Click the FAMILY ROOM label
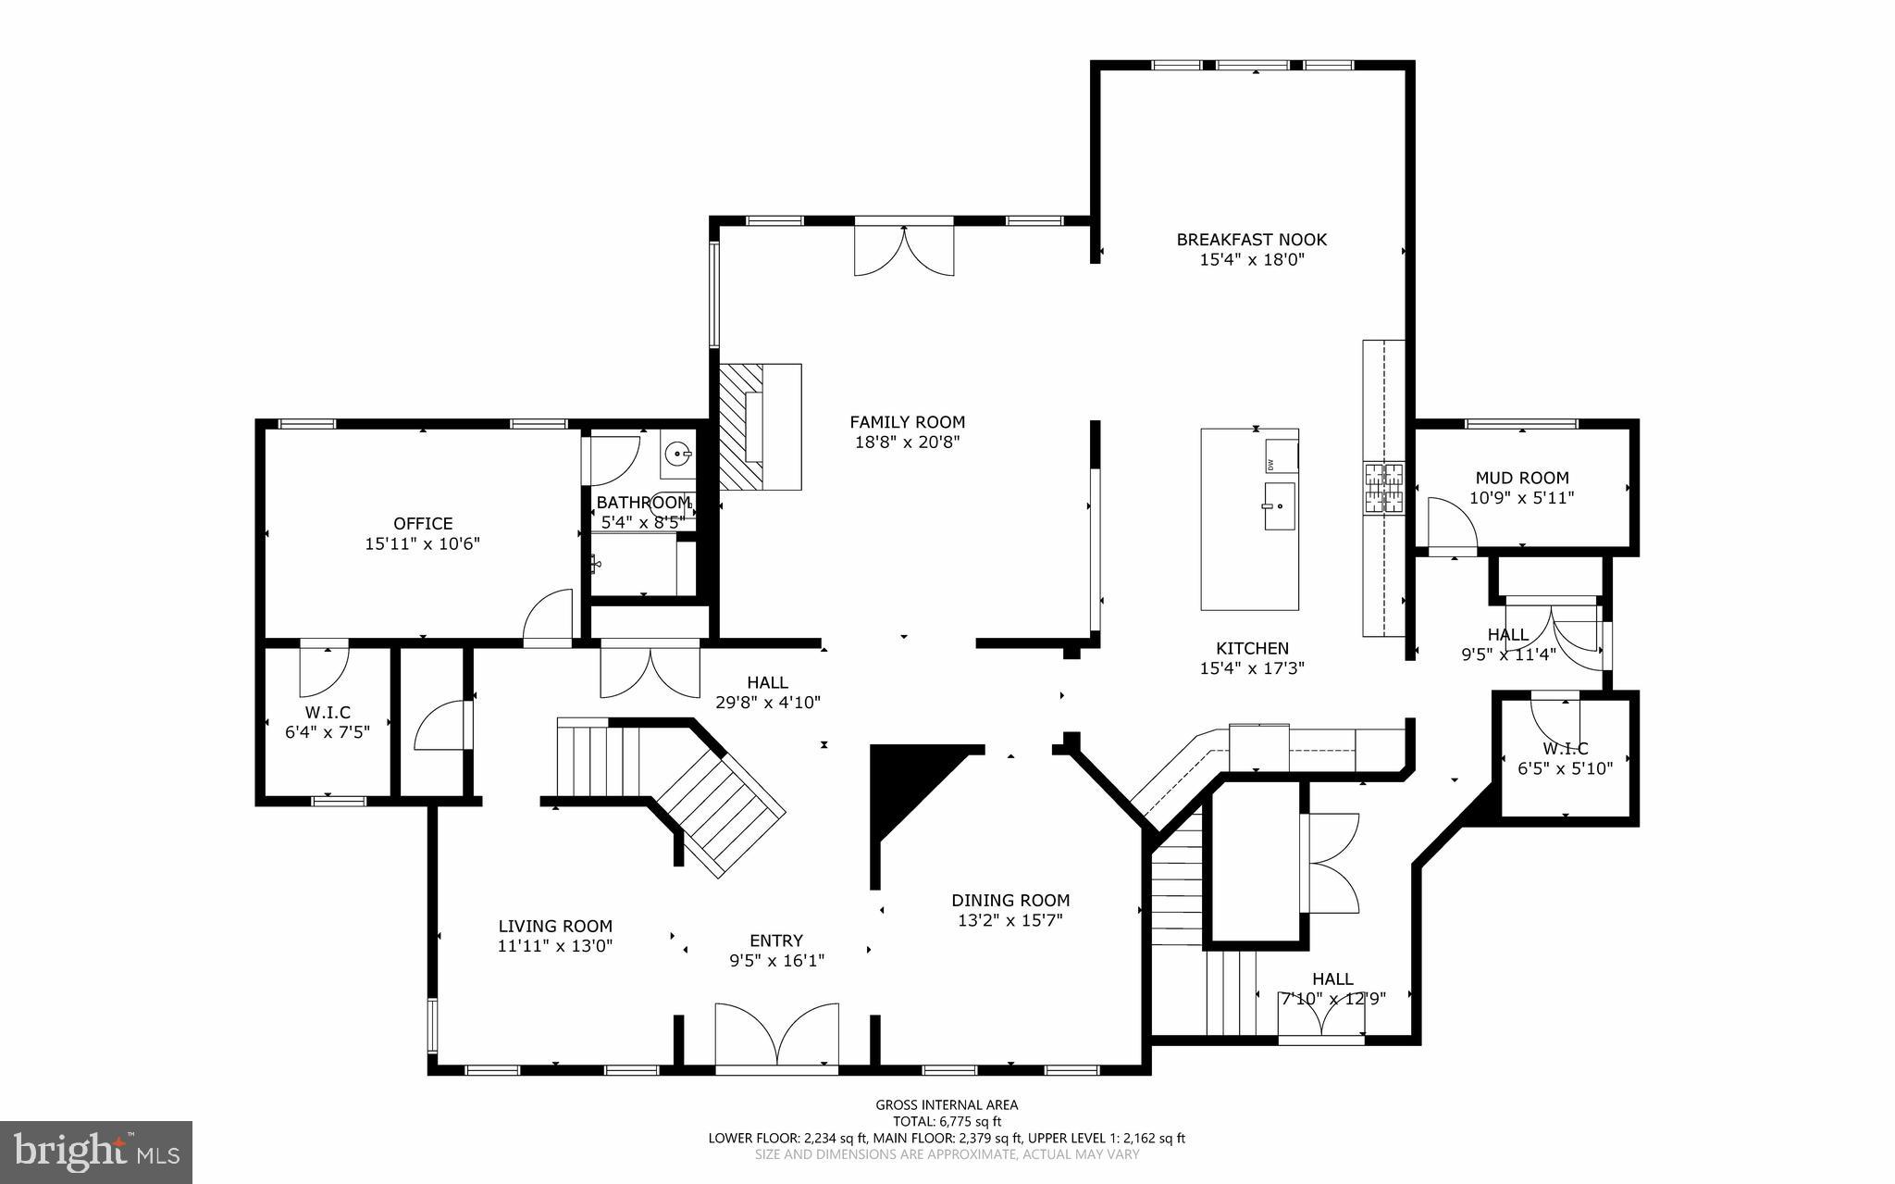[x=907, y=422]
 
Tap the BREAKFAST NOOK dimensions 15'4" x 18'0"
[x=1251, y=260]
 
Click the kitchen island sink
[x=1281, y=506]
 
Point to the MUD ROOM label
[x=1521, y=478]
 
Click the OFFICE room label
[x=423, y=524]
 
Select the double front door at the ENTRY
[x=777, y=1035]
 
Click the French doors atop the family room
[x=903, y=248]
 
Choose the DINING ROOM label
[x=1010, y=900]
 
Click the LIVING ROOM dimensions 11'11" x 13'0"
[x=555, y=946]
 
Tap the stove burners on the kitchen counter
[x=1383, y=488]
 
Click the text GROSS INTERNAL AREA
[x=947, y=1104]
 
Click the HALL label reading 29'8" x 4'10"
[x=767, y=683]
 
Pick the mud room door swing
[x=1449, y=523]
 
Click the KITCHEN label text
[x=1251, y=649]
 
